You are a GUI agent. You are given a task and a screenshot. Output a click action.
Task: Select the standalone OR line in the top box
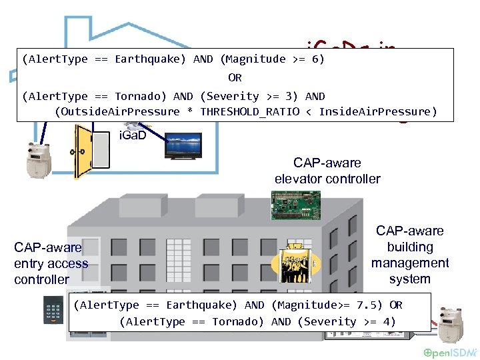pyautogui.click(x=235, y=77)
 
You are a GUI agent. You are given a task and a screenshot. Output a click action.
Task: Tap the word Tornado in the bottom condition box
pyautogui.click(x=241, y=321)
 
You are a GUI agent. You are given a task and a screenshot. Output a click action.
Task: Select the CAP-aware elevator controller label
pyautogui.click(x=327, y=171)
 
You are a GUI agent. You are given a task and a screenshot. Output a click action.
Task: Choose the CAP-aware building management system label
pyautogui.click(x=409, y=255)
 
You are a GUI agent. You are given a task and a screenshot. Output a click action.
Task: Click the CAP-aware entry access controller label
pyautogui.click(x=51, y=263)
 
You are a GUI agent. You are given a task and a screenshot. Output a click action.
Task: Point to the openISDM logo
pyautogui.click(x=450, y=352)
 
